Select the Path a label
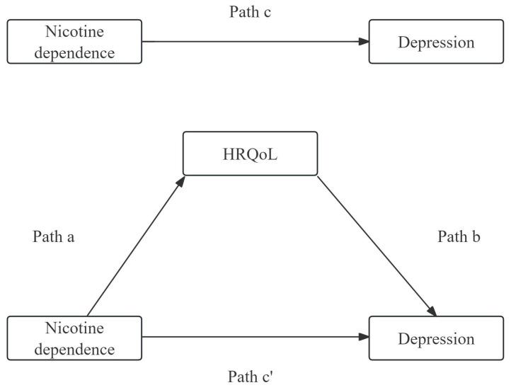click(x=54, y=237)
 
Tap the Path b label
click(x=459, y=237)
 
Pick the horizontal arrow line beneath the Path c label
click(x=255, y=42)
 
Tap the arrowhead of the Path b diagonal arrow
click(x=430, y=311)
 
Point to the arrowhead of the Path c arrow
click(x=364, y=42)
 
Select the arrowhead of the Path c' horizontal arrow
click(x=364, y=338)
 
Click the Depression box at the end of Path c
click(x=435, y=42)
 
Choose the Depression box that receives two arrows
click(x=435, y=338)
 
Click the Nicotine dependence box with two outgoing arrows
click(x=74, y=338)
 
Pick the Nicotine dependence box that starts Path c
click(x=74, y=42)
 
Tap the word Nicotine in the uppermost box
click(x=74, y=33)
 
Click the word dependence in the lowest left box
click(x=74, y=348)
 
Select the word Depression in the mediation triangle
click(x=435, y=339)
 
